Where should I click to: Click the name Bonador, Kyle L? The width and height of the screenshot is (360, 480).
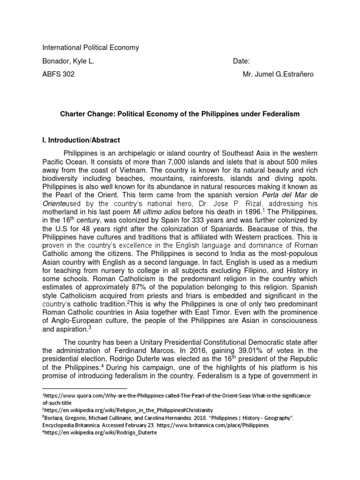coord(71,61)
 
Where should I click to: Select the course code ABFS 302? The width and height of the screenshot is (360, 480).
coord(59,74)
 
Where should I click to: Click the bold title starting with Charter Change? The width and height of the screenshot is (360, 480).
coord(179,114)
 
